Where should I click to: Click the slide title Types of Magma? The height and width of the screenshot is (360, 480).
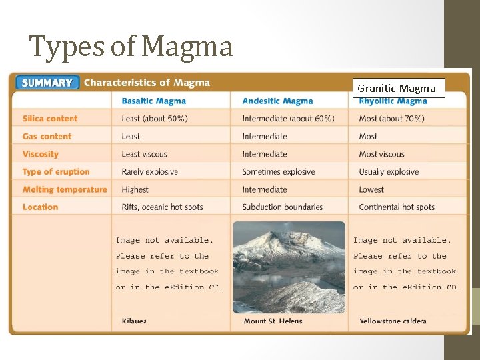click(131, 47)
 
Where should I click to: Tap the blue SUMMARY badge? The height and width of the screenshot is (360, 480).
click(47, 83)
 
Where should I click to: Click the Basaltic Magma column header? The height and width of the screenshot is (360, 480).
click(153, 101)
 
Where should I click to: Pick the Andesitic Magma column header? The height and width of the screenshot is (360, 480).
click(277, 101)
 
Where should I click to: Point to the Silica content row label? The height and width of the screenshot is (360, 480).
click(50, 119)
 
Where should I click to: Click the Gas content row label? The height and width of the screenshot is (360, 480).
click(47, 136)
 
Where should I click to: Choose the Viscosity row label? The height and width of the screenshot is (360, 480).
click(41, 154)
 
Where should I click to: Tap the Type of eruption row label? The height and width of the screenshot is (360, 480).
click(56, 171)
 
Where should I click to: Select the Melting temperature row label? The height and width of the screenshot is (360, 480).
click(65, 189)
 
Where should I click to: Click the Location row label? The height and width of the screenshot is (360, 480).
click(41, 207)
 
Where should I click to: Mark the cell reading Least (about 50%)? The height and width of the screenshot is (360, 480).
click(155, 119)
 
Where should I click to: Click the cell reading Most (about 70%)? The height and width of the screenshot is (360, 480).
click(391, 119)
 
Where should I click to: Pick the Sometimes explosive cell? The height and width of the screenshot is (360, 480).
click(279, 171)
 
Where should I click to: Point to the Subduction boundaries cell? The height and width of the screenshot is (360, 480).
click(283, 207)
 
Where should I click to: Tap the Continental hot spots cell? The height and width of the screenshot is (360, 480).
click(397, 207)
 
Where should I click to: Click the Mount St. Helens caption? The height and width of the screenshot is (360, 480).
click(273, 321)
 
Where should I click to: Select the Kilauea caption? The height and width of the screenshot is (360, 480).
click(134, 321)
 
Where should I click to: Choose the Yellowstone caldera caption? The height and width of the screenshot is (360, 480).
click(393, 321)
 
